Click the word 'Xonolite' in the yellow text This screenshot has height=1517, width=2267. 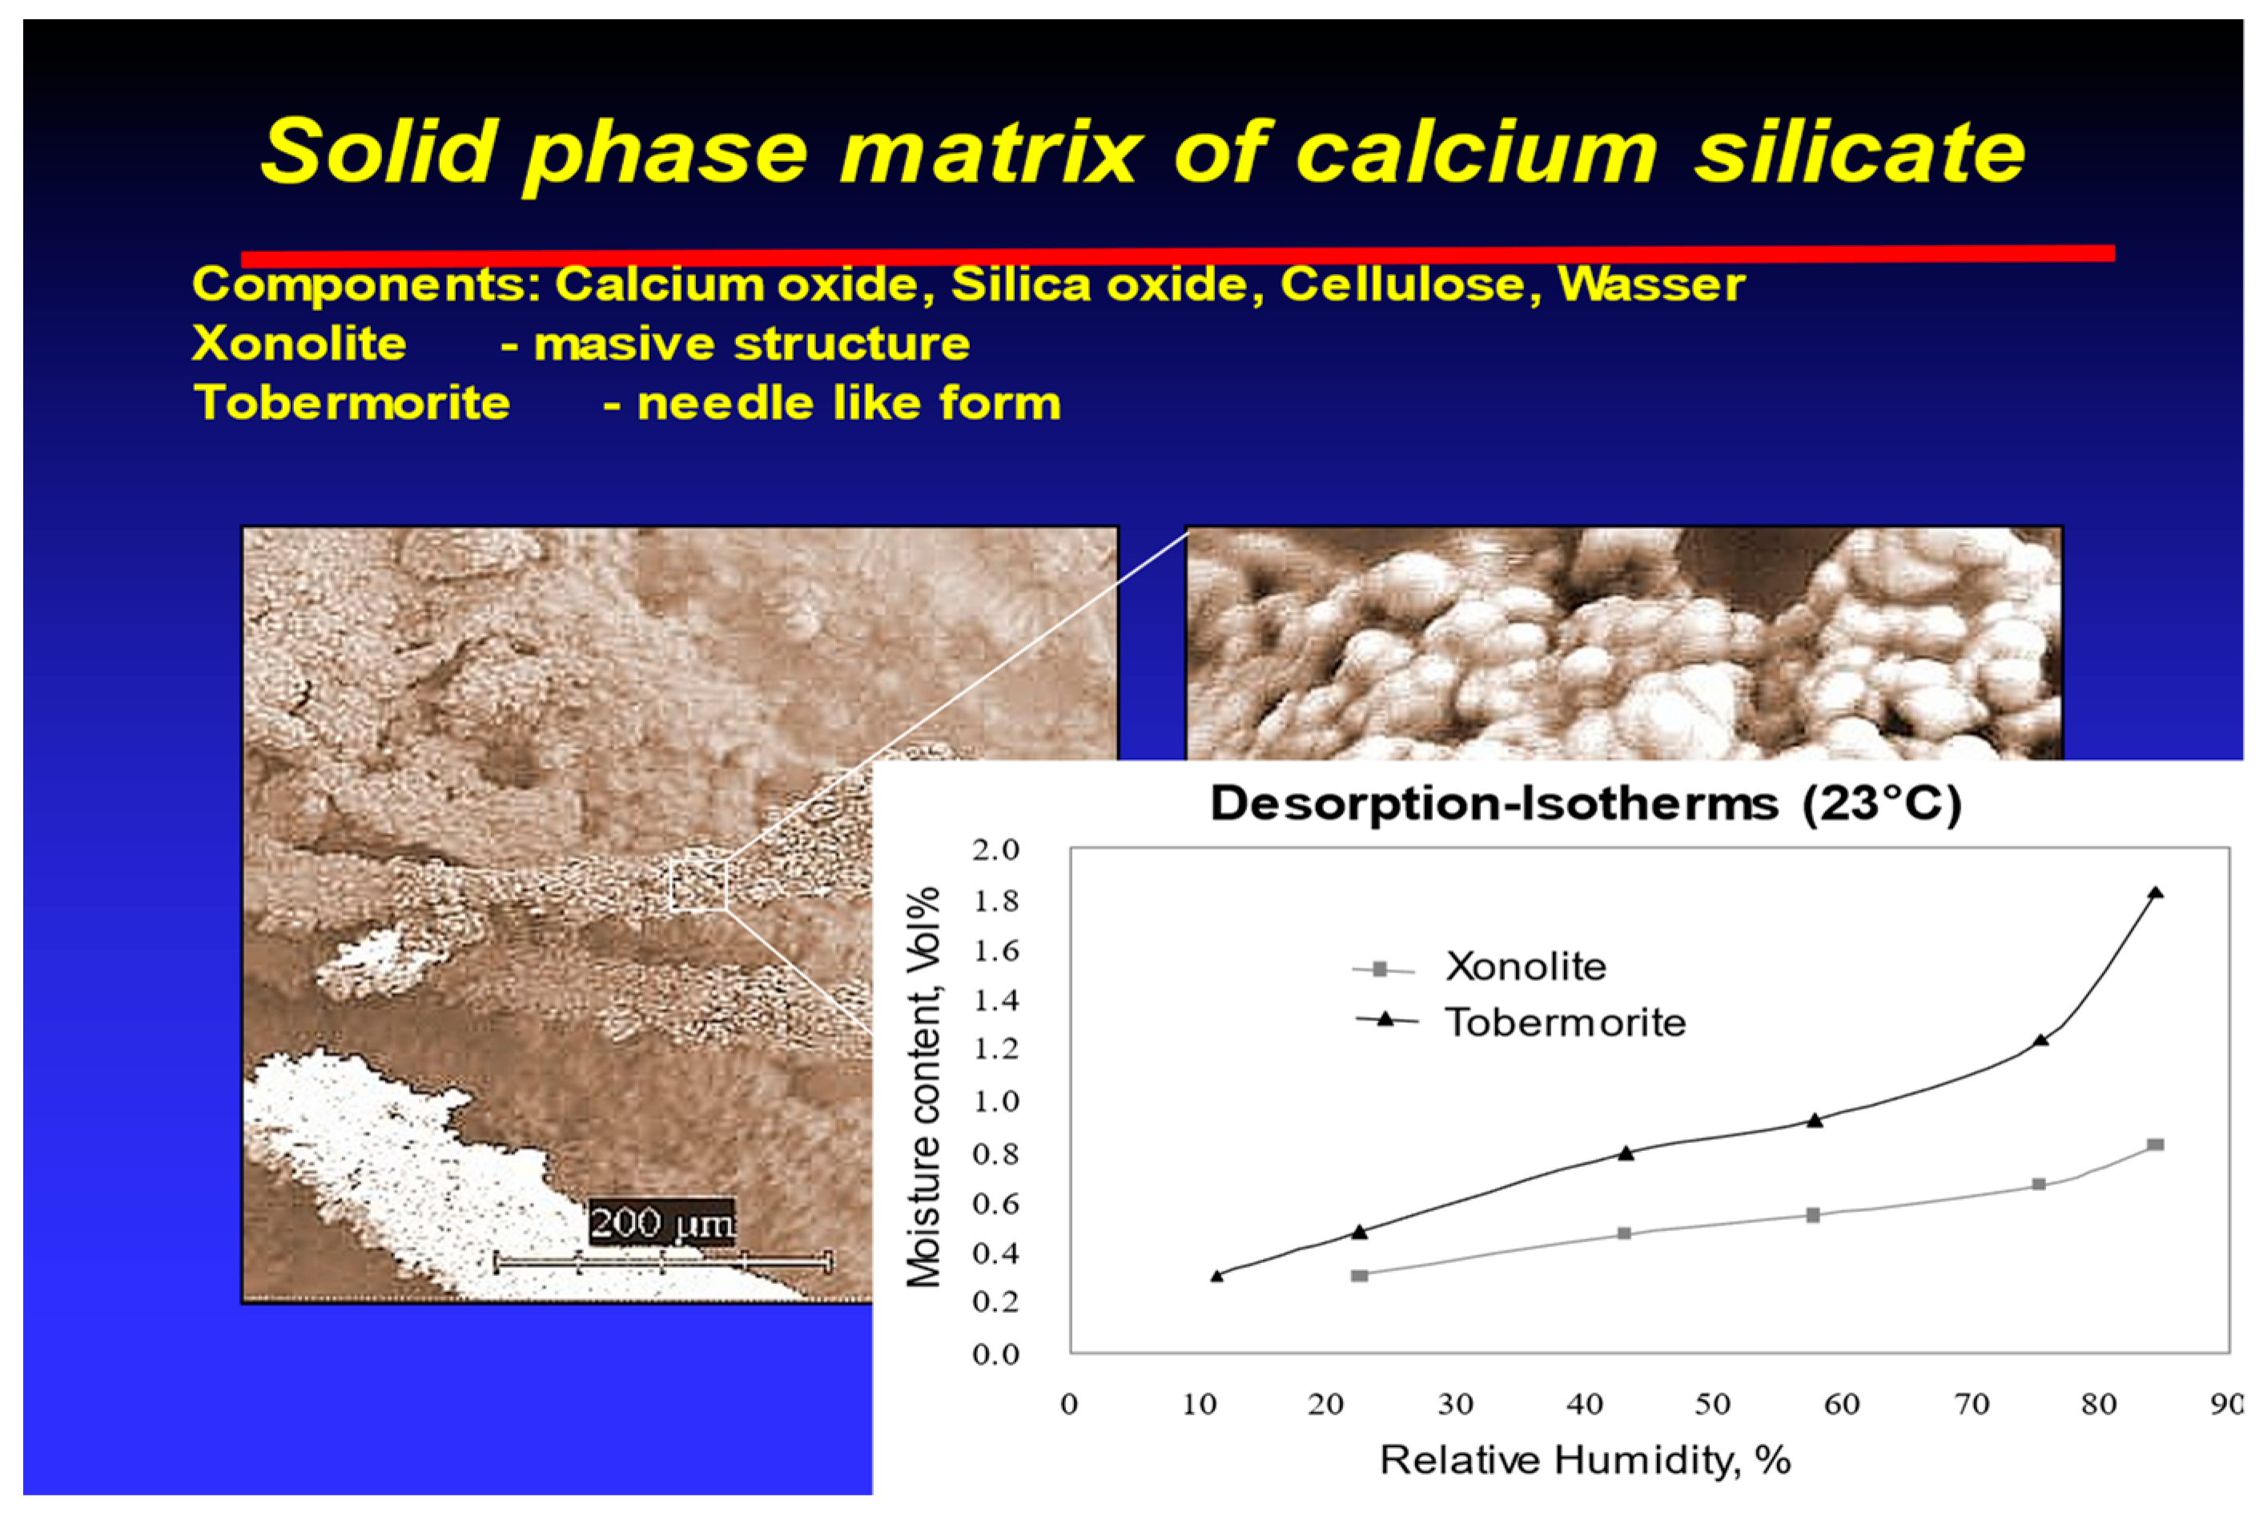click(299, 344)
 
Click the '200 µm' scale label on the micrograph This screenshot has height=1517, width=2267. click(661, 1223)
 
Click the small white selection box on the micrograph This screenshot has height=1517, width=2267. click(698, 885)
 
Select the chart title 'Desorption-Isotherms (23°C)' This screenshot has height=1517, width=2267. click(1586, 804)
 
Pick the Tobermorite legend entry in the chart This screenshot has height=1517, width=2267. click(1521, 1022)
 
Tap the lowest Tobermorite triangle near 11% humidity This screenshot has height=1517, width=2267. click(1216, 1276)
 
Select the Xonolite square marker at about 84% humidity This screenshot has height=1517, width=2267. click(2155, 1145)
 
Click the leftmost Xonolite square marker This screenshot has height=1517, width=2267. click(1360, 1275)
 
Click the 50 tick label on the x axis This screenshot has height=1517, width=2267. click(1712, 1404)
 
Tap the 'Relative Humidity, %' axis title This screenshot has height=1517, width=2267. click(1586, 1460)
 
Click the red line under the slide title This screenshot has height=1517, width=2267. click(1178, 255)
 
